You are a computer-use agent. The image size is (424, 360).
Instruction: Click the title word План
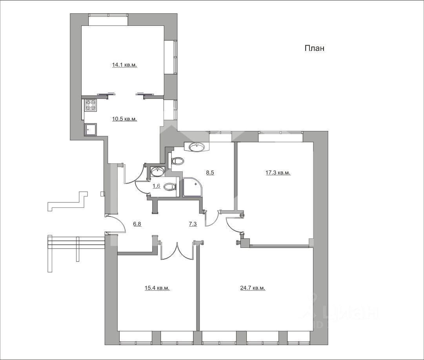click(314, 48)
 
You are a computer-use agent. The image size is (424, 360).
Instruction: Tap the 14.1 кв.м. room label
click(125, 65)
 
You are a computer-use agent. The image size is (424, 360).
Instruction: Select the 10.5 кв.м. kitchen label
click(125, 119)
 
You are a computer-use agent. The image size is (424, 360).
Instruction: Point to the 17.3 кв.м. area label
click(278, 173)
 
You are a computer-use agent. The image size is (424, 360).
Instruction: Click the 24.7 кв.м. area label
click(253, 288)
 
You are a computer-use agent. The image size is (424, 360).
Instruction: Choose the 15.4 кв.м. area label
click(157, 288)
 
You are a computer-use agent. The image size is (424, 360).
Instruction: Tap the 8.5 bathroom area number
click(210, 173)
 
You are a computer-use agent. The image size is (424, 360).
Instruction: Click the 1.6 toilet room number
click(156, 186)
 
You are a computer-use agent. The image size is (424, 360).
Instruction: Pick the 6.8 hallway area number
click(137, 224)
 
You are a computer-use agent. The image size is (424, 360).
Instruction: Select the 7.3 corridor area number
click(193, 224)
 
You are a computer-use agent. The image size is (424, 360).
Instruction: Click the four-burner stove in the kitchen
click(90, 105)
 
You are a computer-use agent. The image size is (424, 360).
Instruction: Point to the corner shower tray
click(192, 187)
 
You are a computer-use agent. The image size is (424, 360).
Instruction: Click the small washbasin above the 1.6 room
click(157, 171)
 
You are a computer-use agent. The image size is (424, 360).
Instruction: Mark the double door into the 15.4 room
click(177, 250)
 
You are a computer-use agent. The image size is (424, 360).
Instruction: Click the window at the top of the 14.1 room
click(108, 20)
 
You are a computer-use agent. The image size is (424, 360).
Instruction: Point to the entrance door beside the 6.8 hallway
click(116, 224)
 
